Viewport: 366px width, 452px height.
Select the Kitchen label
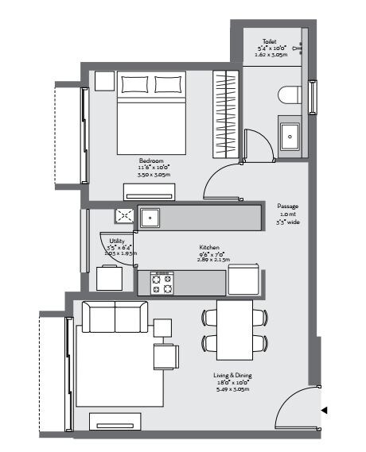pos(210,247)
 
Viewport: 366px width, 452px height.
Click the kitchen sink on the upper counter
pos(150,217)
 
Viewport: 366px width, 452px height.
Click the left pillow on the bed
pos(134,84)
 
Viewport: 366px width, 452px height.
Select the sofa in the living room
pos(115,318)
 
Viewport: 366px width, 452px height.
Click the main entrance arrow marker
pos(323,411)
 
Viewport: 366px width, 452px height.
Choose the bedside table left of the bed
pos(104,82)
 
